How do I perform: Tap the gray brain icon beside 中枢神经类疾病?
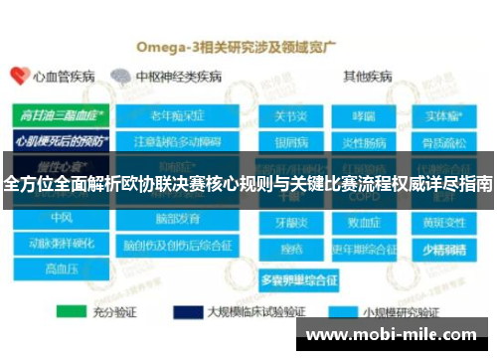click(121, 76)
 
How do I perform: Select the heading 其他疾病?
click(368, 76)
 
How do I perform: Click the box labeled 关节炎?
click(291, 117)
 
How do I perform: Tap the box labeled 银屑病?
click(291, 140)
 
